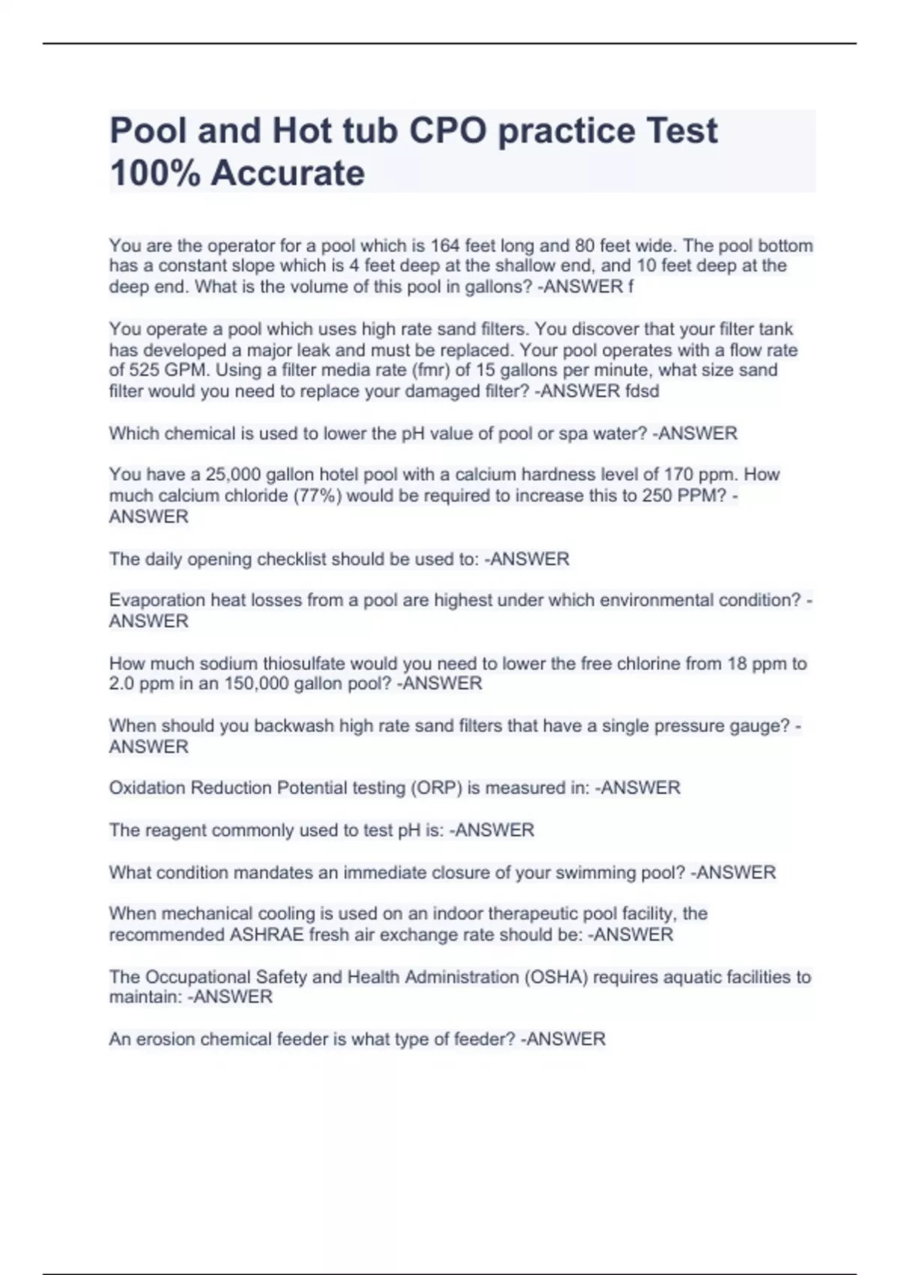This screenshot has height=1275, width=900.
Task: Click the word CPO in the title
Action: (447, 131)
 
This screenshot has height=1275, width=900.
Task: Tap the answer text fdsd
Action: (642, 391)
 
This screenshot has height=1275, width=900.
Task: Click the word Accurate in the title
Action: (288, 173)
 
